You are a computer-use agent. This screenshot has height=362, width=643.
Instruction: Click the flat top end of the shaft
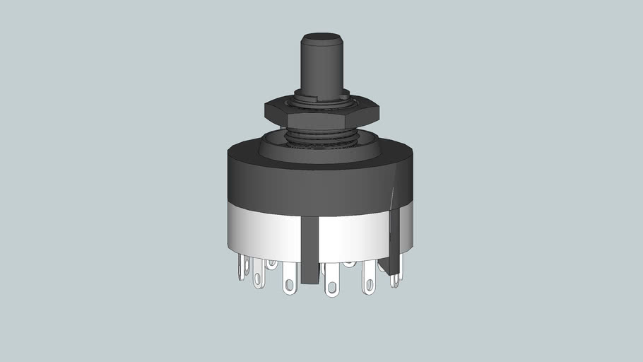coord(321,36)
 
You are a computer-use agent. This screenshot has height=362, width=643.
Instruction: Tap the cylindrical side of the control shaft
coord(321,67)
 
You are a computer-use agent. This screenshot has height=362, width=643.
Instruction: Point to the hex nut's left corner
coord(266,111)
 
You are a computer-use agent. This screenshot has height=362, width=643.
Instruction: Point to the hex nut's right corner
coord(378,111)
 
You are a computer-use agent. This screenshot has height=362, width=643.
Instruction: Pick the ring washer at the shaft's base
coord(321,99)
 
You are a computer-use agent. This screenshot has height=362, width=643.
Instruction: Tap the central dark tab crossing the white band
coord(309,247)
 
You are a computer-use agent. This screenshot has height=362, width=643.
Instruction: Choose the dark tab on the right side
coord(394,240)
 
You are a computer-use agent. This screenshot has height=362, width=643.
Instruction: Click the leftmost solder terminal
coord(243,267)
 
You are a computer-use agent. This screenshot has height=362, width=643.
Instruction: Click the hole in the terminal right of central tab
coord(331,288)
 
